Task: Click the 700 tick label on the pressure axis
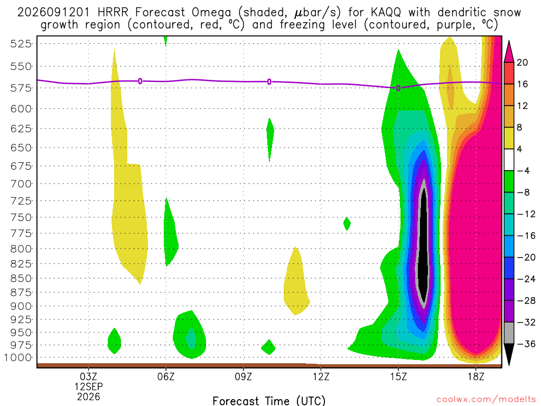21,183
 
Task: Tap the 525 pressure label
21,44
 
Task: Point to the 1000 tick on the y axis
18,358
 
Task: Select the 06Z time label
166,376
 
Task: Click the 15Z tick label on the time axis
398,376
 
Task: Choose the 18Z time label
476,376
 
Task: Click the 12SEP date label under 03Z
89,386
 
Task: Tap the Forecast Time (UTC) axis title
269,401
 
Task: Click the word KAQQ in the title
386,13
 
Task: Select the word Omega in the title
211,13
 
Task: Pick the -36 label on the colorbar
526,344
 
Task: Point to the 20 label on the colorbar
523,62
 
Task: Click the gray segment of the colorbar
509,333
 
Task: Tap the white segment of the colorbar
509,160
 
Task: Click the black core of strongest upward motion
423,247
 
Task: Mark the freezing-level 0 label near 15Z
398,88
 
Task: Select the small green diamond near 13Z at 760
347,224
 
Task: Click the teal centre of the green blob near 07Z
191,339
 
